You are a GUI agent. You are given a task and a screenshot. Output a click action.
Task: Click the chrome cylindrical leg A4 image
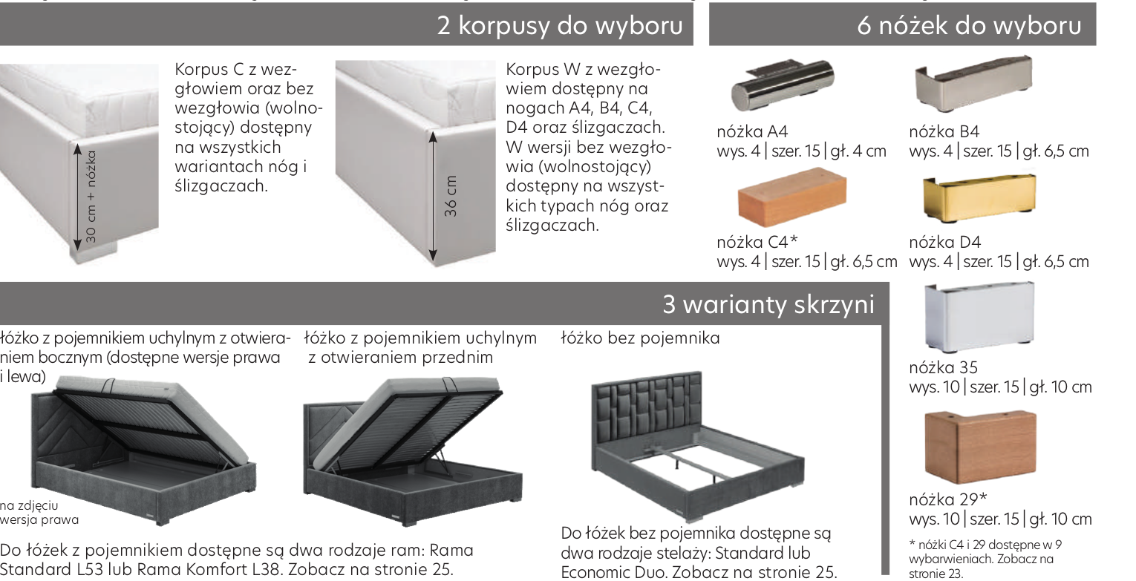click(x=783, y=85)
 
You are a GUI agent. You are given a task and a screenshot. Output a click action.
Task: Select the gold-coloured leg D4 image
click(x=979, y=197)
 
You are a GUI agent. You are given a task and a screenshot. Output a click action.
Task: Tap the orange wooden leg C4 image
click(x=792, y=196)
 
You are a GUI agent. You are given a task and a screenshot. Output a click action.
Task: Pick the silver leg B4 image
click(x=973, y=83)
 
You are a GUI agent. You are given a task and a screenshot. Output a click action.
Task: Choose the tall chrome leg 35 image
click(x=979, y=316)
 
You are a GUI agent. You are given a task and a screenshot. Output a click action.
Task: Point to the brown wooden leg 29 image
click(x=980, y=447)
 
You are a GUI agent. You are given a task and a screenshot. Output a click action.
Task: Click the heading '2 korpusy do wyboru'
click(x=560, y=25)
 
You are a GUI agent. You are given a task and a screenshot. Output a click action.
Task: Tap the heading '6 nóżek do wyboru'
click(x=969, y=25)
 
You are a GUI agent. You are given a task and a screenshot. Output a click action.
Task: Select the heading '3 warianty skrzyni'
click(x=768, y=304)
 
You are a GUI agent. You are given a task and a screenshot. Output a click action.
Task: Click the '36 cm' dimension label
click(x=451, y=196)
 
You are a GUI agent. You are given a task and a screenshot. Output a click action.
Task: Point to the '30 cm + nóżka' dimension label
click(x=91, y=197)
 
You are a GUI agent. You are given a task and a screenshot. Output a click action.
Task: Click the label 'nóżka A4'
click(x=752, y=132)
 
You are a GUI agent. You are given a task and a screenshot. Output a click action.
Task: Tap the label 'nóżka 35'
click(x=943, y=367)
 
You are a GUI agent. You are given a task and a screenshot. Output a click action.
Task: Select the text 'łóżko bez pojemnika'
click(x=640, y=338)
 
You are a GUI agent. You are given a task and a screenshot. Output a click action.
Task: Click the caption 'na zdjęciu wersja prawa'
click(x=39, y=513)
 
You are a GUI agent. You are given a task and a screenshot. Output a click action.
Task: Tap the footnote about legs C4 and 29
click(x=985, y=559)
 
